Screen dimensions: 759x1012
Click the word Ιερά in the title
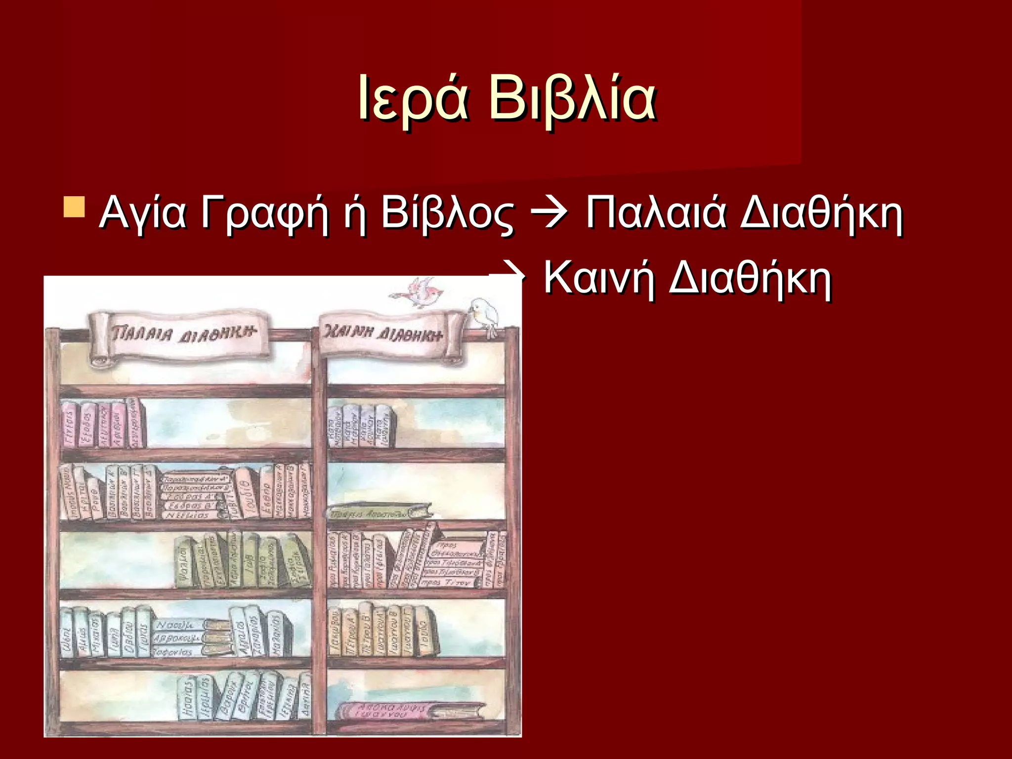coord(413,99)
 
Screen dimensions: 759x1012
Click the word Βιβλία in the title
coord(573,99)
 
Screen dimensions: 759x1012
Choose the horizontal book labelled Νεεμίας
coord(188,514)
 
